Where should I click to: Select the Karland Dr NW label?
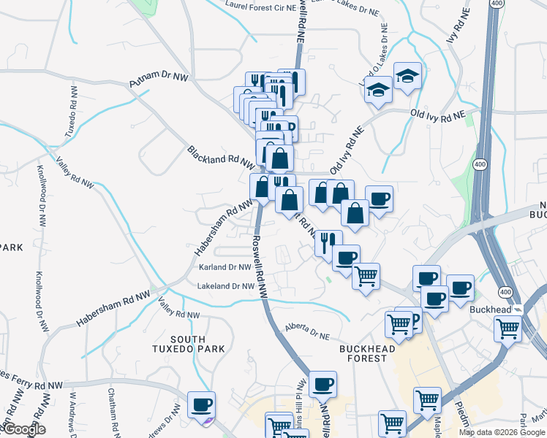(x=225, y=268)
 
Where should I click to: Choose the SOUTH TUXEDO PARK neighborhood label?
(x=197, y=345)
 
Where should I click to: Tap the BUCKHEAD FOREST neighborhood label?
(x=367, y=354)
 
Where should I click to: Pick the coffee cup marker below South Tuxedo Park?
(x=201, y=405)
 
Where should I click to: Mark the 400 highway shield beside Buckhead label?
(x=504, y=291)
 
